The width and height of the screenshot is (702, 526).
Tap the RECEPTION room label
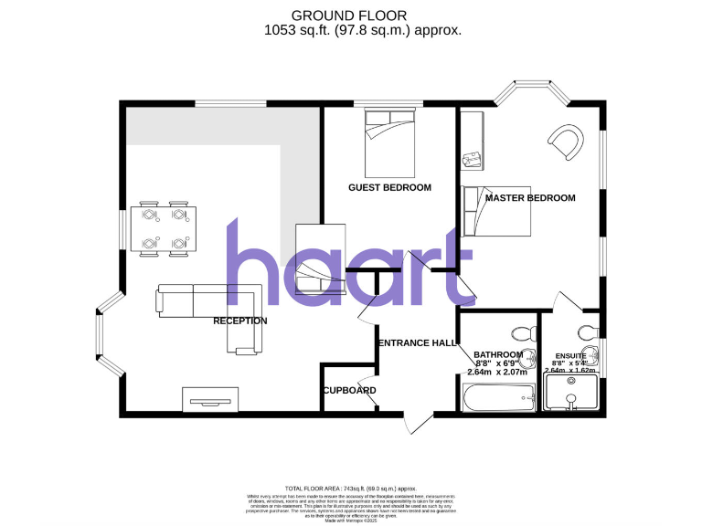[239, 321]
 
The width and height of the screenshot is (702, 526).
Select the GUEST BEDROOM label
[389, 187]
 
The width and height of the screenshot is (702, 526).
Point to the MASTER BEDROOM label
[530, 197]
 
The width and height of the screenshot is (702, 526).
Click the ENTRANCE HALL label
[418, 342]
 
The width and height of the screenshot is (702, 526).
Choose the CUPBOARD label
[349, 391]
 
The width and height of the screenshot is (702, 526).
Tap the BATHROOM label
[498, 354]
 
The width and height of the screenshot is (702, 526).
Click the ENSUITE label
[571, 355]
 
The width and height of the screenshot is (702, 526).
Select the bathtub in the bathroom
[499, 396]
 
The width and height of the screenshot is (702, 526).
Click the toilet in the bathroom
[524, 333]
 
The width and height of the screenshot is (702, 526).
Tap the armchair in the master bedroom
[565, 141]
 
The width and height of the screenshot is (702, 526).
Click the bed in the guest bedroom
[392, 143]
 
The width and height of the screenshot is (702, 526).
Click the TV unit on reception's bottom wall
[211, 398]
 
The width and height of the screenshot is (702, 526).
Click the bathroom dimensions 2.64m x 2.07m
[498, 373]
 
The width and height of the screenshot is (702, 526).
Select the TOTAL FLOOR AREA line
[351, 489]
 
